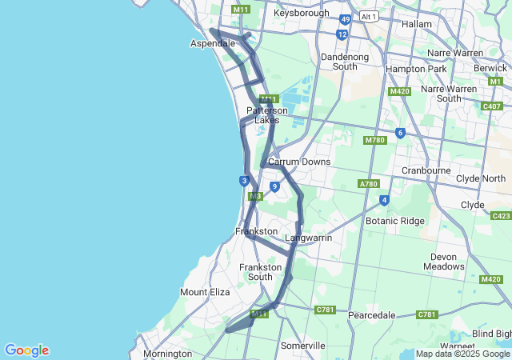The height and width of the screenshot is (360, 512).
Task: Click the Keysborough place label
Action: (301, 14)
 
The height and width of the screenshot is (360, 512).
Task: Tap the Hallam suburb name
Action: (416, 24)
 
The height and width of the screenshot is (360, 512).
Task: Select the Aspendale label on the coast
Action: (212, 43)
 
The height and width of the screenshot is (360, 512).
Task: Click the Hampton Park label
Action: (416, 69)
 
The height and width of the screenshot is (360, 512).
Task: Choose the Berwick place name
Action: (490, 69)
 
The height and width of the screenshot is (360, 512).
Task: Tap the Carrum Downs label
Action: (299, 162)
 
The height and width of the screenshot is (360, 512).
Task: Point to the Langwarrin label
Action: (308, 238)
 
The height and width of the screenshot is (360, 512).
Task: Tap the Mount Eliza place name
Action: (206, 292)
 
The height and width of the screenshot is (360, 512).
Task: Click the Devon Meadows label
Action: (444, 262)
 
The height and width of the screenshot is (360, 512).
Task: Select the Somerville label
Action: (302, 346)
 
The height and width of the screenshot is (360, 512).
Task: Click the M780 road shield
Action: (375, 141)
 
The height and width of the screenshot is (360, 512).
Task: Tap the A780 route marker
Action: (369, 184)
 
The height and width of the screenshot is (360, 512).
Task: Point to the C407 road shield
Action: (493, 106)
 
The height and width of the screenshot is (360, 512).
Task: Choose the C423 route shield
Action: (502, 216)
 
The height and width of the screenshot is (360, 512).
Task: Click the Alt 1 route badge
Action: (369, 15)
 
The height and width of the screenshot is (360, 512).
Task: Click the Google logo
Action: (26, 350)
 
